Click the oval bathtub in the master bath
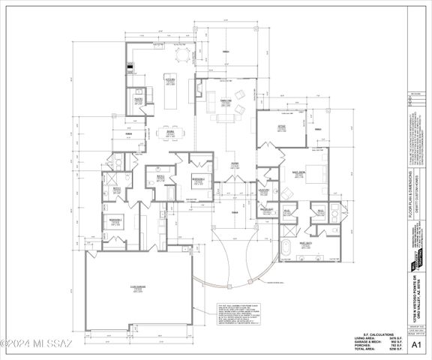pos(288,248)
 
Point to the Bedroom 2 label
pos(198,180)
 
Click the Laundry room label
pos(264,190)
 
